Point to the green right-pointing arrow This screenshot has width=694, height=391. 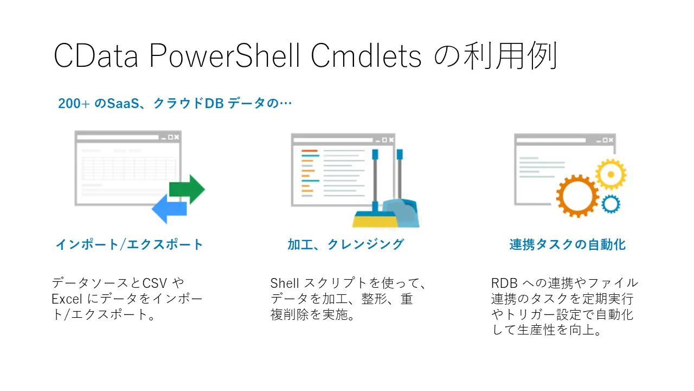tap(187, 189)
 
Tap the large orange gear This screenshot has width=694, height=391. tap(577, 196)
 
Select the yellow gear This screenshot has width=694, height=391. tap(611, 174)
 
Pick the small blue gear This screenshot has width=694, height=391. tap(611, 204)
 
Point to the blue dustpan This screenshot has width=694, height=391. tap(404, 214)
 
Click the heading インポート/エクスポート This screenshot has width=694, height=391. tap(130, 244)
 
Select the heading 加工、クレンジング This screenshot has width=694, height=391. tap(346, 244)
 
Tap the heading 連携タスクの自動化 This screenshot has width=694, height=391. tap(567, 245)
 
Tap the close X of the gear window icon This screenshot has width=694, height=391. tap(611, 140)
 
